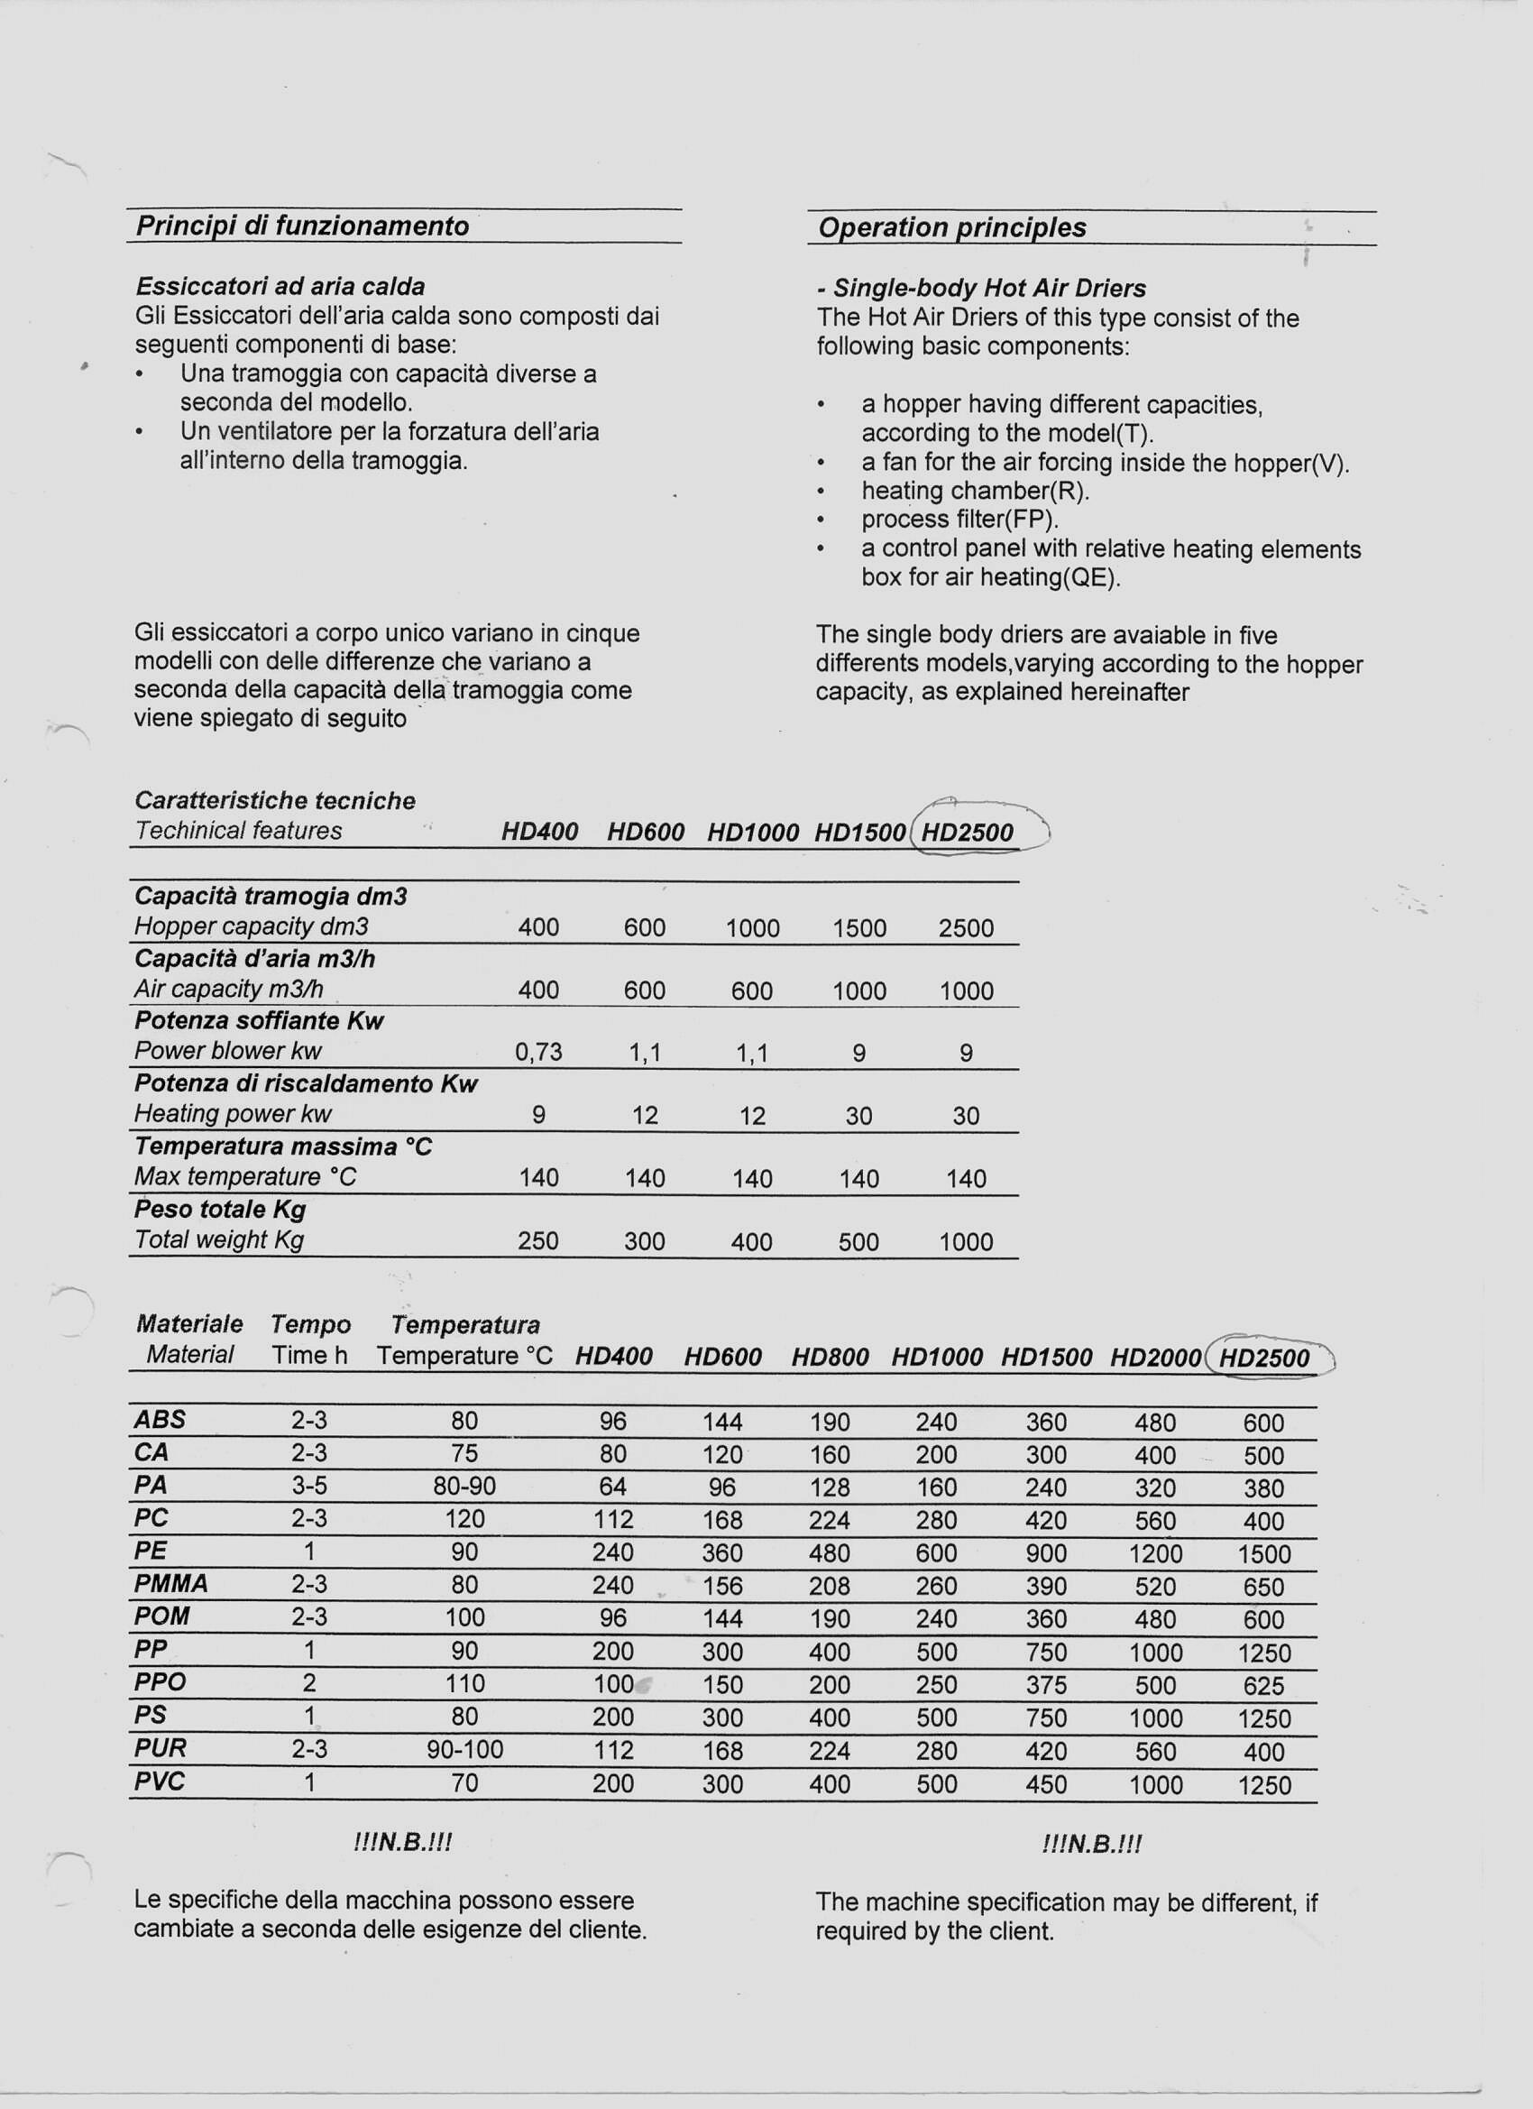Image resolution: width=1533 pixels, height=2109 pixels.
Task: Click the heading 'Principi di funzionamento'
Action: click(x=302, y=226)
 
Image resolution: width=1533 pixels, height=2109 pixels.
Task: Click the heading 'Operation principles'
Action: click(x=951, y=228)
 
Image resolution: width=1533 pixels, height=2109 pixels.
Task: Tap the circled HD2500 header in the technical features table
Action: click(x=967, y=833)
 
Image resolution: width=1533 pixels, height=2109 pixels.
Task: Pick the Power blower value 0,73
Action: click(x=538, y=1052)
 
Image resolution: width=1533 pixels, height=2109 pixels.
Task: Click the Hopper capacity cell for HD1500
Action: click(x=859, y=928)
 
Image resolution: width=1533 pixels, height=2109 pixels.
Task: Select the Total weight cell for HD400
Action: click(x=538, y=1241)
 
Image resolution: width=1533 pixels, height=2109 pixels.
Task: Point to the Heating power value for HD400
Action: click(x=538, y=1115)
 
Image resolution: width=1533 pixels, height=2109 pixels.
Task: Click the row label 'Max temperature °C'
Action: click(x=245, y=1177)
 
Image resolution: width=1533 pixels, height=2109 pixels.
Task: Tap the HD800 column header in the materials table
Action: click(x=830, y=1358)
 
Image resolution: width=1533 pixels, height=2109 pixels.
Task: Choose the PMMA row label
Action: click(x=171, y=1584)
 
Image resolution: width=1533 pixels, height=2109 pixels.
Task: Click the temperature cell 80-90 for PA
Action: click(x=464, y=1486)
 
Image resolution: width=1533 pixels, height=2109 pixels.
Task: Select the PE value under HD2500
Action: click(x=1263, y=1554)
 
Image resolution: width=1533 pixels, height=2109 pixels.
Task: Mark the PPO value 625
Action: click(x=1263, y=1686)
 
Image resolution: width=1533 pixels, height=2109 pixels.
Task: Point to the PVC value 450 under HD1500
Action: click(x=1046, y=1784)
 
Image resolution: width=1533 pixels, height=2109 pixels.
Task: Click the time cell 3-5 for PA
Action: click(x=308, y=1486)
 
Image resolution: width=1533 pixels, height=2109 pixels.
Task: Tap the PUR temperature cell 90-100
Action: click(x=464, y=1750)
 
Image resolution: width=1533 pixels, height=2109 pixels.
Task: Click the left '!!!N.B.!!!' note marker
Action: click(x=402, y=1843)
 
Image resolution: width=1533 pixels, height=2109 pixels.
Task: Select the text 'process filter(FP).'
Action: click(x=959, y=520)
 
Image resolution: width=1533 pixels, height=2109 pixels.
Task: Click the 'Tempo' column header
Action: click(x=310, y=1325)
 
